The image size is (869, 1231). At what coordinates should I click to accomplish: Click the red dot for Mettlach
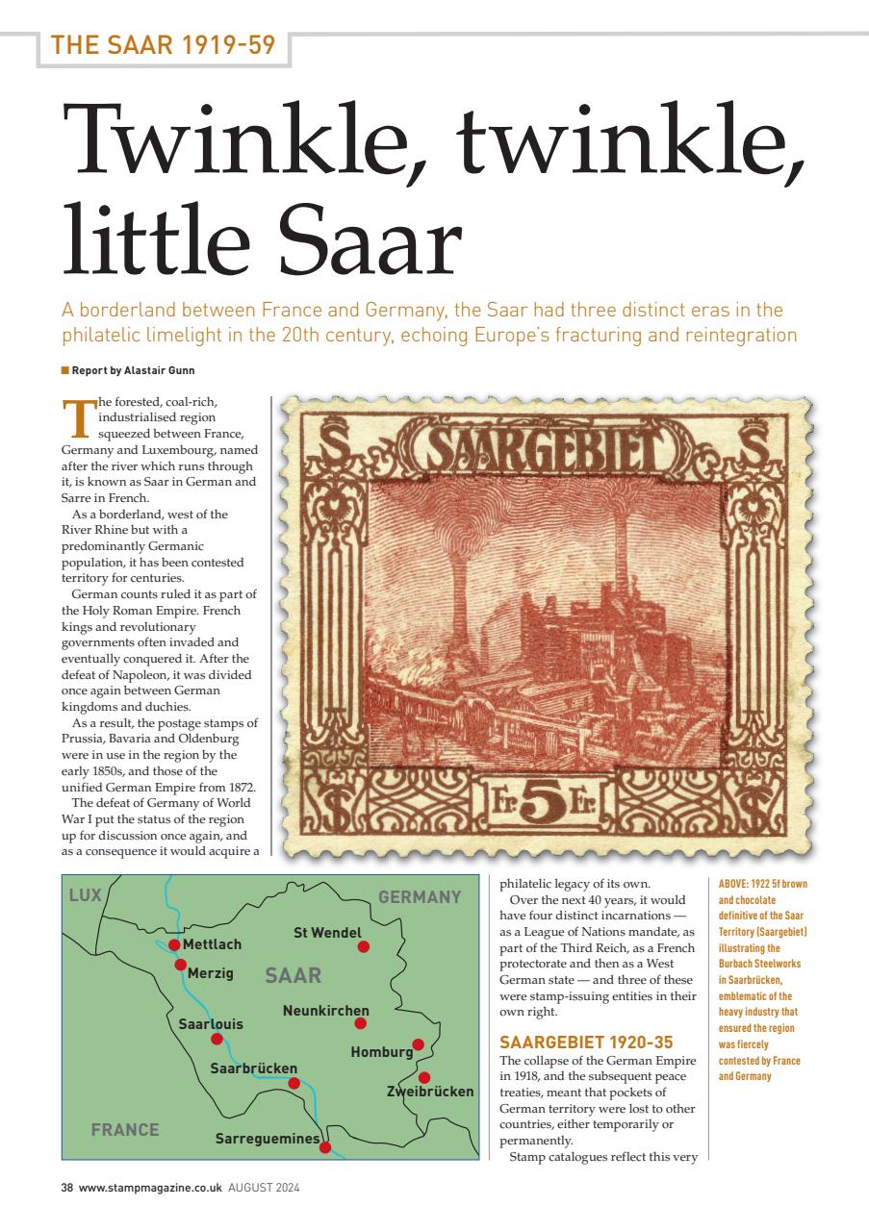pos(174,945)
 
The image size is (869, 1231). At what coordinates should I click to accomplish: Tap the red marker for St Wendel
pos(364,947)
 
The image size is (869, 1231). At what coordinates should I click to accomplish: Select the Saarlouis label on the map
pos(211,1024)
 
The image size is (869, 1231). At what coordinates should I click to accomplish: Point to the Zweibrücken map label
pos(430,1092)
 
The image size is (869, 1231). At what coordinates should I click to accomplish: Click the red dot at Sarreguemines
pos(325,1147)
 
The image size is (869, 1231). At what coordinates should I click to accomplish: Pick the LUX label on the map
pos(85,896)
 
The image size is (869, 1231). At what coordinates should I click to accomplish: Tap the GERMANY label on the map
pos(420,897)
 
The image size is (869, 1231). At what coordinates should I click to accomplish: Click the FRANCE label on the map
pos(125,1130)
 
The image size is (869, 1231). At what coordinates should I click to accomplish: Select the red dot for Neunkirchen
pos(361,1023)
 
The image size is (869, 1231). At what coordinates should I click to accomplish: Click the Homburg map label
pos(381,1052)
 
